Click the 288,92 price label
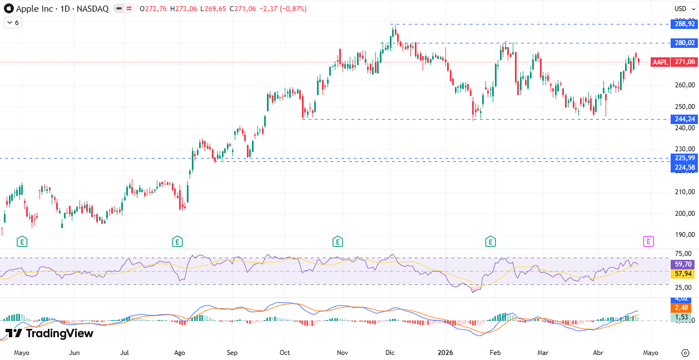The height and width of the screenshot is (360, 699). pyautogui.click(x=684, y=24)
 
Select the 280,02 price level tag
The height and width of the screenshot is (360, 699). pyautogui.click(x=684, y=43)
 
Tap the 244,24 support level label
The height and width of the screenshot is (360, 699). pyautogui.click(x=684, y=119)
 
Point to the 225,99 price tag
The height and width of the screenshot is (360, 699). pyautogui.click(x=684, y=158)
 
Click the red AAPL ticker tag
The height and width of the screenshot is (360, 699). pyautogui.click(x=660, y=62)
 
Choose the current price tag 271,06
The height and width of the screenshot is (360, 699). pyautogui.click(x=684, y=62)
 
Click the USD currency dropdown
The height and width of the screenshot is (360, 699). pyautogui.click(x=681, y=8)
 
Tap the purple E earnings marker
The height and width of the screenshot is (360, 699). pyautogui.click(x=648, y=241)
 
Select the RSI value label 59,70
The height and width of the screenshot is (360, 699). pyautogui.click(x=683, y=265)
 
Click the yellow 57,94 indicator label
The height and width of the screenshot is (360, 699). pyautogui.click(x=683, y=274)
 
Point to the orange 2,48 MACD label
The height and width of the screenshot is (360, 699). pyautogui.click(x=682, y=308)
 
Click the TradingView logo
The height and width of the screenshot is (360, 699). pyautogui.click(x=49, y=333)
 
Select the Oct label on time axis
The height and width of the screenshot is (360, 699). pyautogui.click(x=285, y=353)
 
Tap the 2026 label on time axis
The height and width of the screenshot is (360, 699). pyautogui.click(x=445, y=353)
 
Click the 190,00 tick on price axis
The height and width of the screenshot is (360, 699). pyautogui.click(x=684, y=235)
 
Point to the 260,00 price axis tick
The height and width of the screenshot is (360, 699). pyautogui.click(x=684, y=85)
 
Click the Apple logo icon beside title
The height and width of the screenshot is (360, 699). pyautogui.click(x=8, y=9)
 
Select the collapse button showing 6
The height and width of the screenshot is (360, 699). pyautogui.click(x=12, y=23)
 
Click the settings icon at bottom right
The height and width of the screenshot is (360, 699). pyautogui.click(x=685, y=353)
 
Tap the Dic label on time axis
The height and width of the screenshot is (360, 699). pyautogui.click(x=390, y=353)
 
